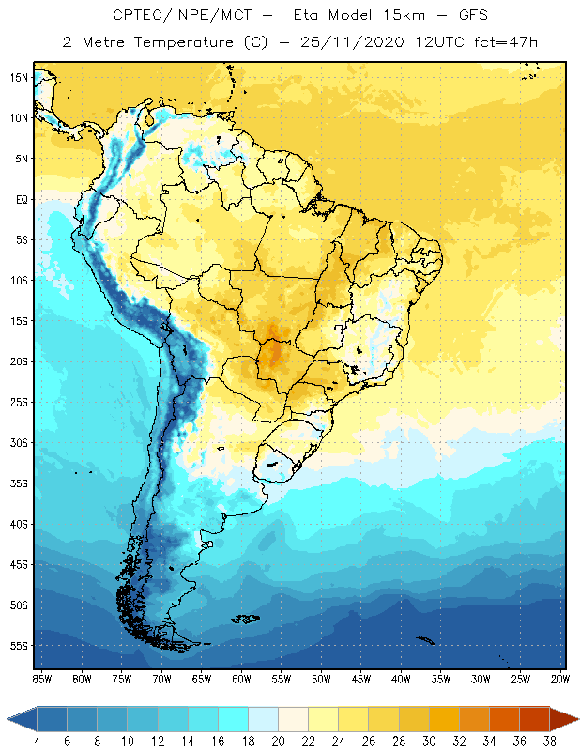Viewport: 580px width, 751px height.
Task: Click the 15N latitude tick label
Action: (18, 78)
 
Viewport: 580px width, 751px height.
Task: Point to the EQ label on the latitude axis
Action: (20, 200)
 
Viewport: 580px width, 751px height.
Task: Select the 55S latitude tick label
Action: (18, 646)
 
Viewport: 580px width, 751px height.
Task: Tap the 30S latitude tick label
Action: (18, 443)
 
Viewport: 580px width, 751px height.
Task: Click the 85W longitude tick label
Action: (42, 679)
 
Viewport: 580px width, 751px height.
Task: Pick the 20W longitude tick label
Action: (559, 679)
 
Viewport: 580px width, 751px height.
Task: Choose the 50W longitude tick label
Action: (321, 679)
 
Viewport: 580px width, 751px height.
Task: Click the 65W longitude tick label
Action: (201, 679)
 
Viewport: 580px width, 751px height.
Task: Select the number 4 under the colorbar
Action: (38, 741)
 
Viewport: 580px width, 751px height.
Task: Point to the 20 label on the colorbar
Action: (278, 741)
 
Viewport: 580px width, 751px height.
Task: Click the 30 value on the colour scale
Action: (429, 741)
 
